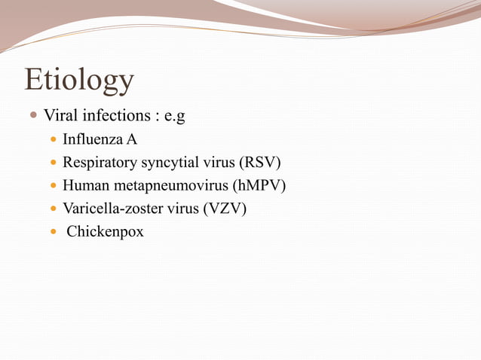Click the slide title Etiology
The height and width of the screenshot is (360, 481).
(x=79, y=80)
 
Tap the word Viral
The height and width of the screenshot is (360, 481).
(x=59, y=116)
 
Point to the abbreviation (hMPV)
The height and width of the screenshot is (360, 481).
(x=260, y=185)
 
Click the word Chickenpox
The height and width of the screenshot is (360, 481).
(x=105, y=231)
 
